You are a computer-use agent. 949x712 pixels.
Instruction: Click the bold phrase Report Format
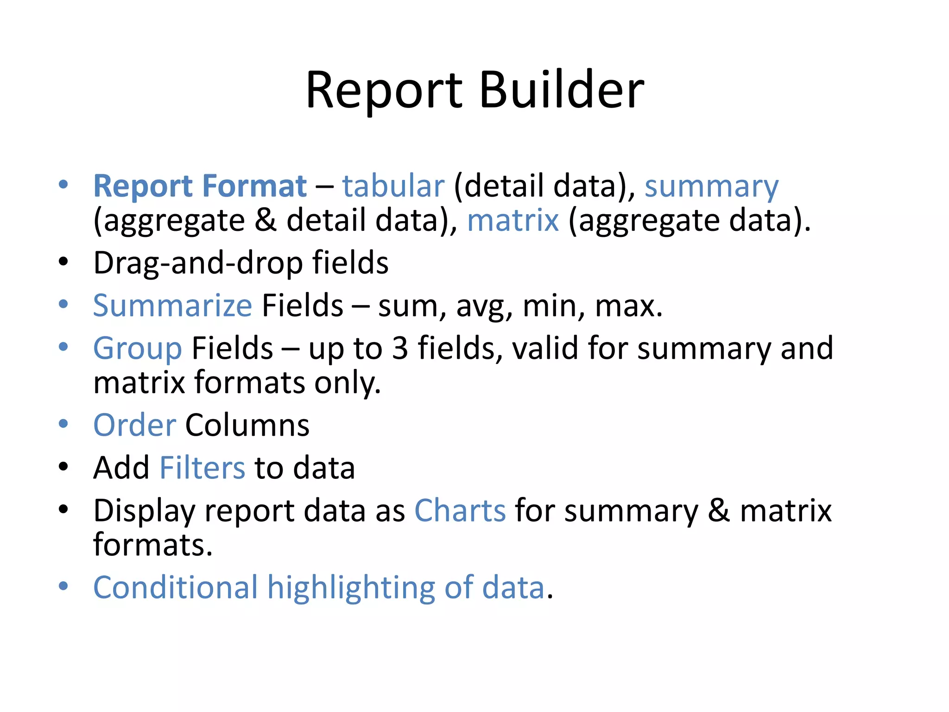coord(200,186)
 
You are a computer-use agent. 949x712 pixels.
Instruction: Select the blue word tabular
coord(393,186)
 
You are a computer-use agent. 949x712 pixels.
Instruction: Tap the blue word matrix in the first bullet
coord(512,220)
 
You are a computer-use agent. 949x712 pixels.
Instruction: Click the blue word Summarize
coord(172,306)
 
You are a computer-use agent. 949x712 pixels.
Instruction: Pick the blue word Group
coord(137,349)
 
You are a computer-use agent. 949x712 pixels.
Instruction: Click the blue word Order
coord(134,425)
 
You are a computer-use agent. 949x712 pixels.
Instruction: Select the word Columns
coord(247,425)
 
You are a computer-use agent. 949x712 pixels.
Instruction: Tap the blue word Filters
coord(202,468)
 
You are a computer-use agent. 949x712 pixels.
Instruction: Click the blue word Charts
coord(459,511)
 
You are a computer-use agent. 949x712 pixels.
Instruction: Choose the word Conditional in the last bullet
coord(175,588)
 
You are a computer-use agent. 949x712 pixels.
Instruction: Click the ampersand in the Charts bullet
coord(718,511)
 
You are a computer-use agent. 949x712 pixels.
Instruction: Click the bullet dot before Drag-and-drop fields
coord(63,262)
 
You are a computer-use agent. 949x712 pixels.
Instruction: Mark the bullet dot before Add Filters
coord(63,467)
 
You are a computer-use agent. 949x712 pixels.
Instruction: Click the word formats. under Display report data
coord(153,545)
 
